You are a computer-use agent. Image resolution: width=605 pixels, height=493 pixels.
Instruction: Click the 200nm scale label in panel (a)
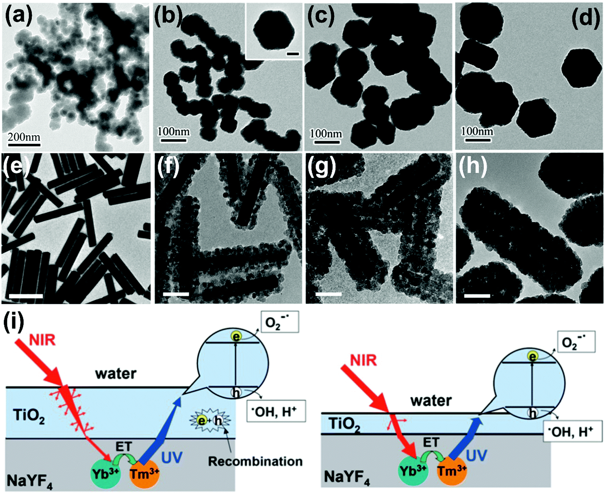coord(24,137)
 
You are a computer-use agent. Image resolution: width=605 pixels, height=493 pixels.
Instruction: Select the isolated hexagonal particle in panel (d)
coord(578,68)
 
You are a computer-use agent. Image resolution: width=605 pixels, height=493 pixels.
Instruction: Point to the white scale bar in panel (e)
coord(26,296)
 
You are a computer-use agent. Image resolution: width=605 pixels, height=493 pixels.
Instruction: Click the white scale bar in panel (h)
coord(477,296)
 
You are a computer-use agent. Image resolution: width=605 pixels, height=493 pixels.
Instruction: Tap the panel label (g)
coord(321,166)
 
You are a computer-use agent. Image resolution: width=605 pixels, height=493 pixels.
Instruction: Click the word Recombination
coord(255,461)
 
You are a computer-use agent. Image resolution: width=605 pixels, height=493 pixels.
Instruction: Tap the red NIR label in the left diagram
coord(42,340)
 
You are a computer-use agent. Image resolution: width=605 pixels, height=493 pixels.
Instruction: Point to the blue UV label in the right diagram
coord(476,455)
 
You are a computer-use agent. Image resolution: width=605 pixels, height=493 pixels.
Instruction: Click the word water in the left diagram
coord(116,374)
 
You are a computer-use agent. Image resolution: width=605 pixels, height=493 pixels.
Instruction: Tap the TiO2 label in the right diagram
coord(345,424)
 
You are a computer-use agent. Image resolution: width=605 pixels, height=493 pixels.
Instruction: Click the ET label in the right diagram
coord(431,442)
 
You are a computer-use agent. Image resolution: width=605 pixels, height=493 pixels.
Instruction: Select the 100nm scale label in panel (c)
coord(326,134)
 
